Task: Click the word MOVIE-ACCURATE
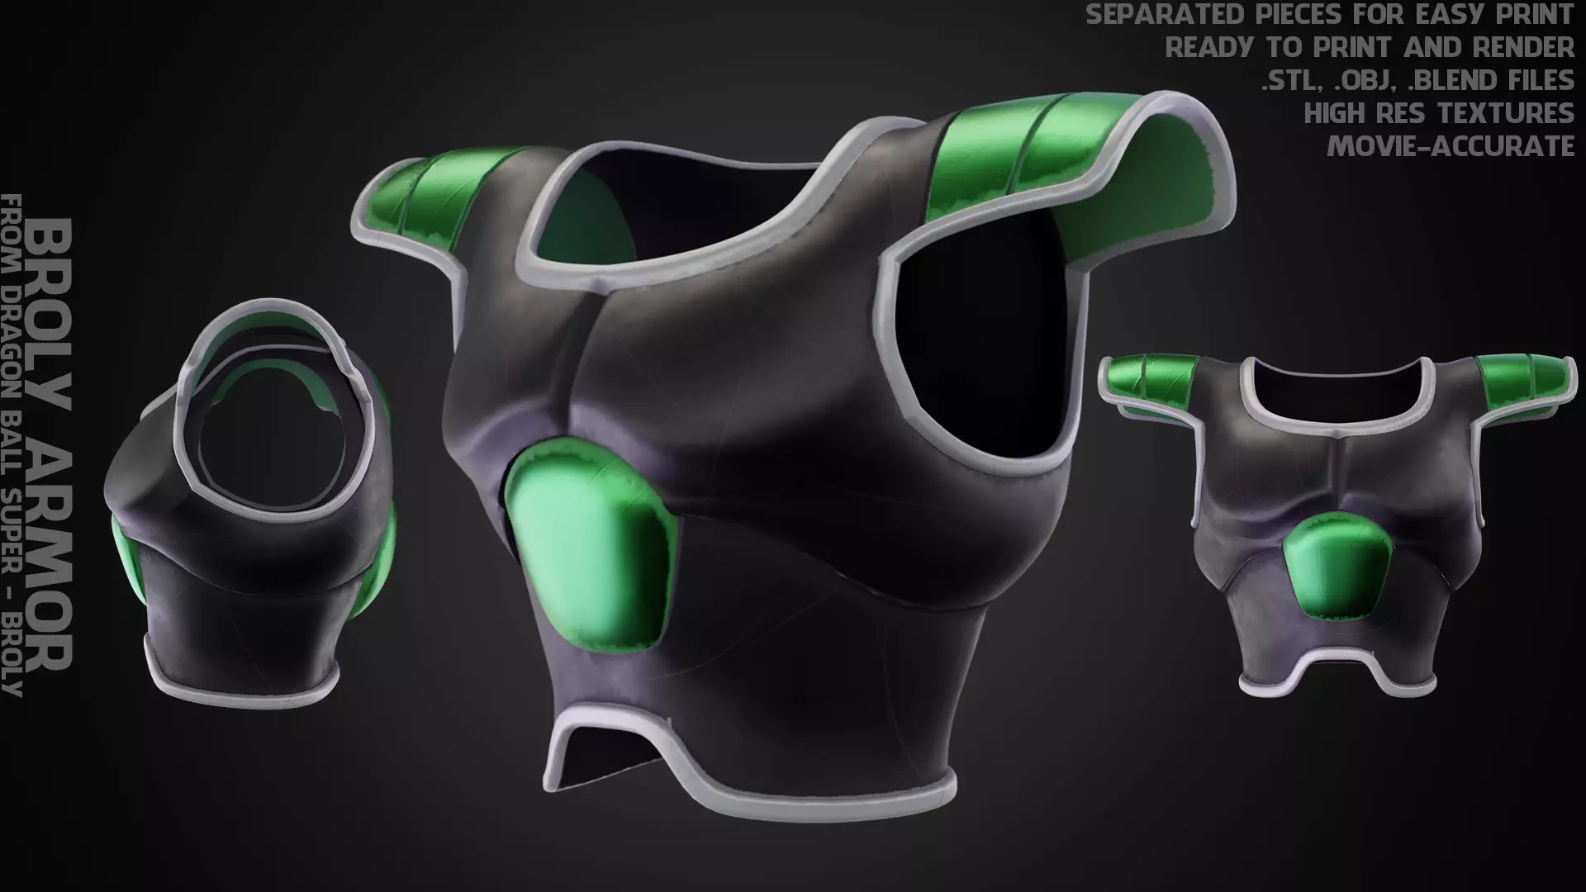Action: [1451, 146]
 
